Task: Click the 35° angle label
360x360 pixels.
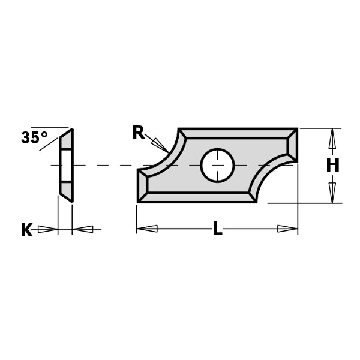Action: (34, 138)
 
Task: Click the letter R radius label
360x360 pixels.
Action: (138, 133)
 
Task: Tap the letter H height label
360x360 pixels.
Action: (332, 166)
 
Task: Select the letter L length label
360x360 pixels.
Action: (217, 229)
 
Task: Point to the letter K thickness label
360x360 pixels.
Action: (26, 230)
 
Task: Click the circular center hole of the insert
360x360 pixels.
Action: (217, 165)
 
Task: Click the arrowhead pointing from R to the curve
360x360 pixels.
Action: (160, 145)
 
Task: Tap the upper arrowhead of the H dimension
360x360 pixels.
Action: (332, 139)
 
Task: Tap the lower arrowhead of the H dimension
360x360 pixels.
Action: (332, 192)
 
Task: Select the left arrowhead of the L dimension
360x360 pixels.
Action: (147, 229)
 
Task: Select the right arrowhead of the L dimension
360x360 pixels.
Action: (287, 229)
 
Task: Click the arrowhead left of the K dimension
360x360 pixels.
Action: (48, 229)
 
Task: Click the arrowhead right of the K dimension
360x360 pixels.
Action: (83, 229)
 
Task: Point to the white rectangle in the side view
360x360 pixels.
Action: (66, 165)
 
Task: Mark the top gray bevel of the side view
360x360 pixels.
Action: (67, 140)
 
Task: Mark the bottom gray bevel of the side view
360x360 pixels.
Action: (67, 190)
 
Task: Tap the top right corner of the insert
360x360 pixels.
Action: (296, 130)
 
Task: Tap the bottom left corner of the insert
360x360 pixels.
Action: (139, 200)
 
